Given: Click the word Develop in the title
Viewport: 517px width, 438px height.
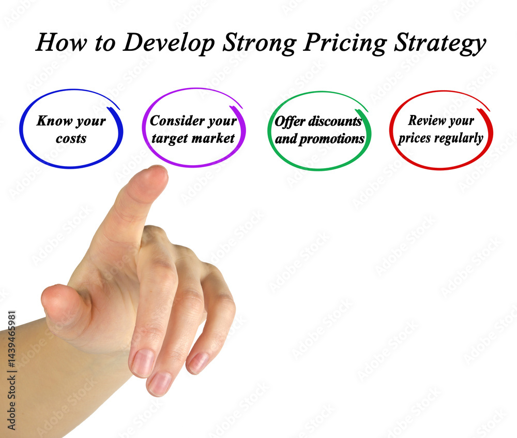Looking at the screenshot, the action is pos(169,43).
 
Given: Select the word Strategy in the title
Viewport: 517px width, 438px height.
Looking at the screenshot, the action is pos(440,43).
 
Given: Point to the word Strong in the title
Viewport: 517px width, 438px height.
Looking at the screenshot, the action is pos(259,43).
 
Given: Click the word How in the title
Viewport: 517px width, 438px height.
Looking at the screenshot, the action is pos(62,42).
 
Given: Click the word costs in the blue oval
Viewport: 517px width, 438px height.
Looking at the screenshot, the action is pos(71,138).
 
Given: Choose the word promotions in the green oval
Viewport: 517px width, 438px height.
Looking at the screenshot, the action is pos(332,139).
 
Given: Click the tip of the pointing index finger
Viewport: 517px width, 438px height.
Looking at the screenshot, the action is pos(156,167).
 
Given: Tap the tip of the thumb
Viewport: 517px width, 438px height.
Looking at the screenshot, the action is pos(46,294).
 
